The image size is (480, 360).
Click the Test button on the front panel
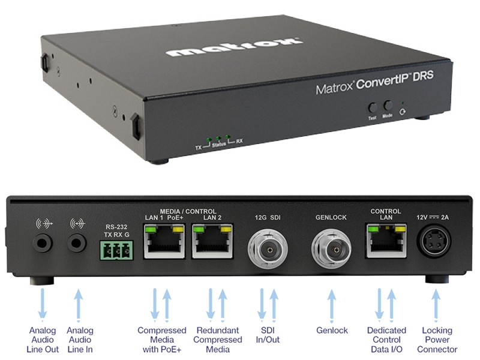(x=373, y=108)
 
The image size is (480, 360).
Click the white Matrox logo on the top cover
(x=235, y=47)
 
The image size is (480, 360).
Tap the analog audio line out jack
(x=43, y=243)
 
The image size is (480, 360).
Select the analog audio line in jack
(x=77, y=243)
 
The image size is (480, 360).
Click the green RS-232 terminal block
(x=116, y=250)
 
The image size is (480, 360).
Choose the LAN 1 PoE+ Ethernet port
(x=164, y=241)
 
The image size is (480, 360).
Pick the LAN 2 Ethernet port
(x=212, y=241)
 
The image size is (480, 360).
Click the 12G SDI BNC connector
(x=268, y=249)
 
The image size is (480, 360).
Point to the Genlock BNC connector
(x=332, y=249)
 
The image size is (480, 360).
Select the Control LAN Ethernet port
(x=386, y=241)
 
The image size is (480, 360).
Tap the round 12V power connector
(x=433, y=241)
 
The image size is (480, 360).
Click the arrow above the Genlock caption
(x=332, y=305)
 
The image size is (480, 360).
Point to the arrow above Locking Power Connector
(x=436, y=305)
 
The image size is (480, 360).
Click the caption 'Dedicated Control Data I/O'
(x=386, y=340)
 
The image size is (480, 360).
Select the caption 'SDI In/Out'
(x=268, y=335)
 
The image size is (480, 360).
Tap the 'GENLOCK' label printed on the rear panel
(x=331, y=217)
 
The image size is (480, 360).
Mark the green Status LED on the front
(x=218, y=139)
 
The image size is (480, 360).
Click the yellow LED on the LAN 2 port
(x=226, y=229)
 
